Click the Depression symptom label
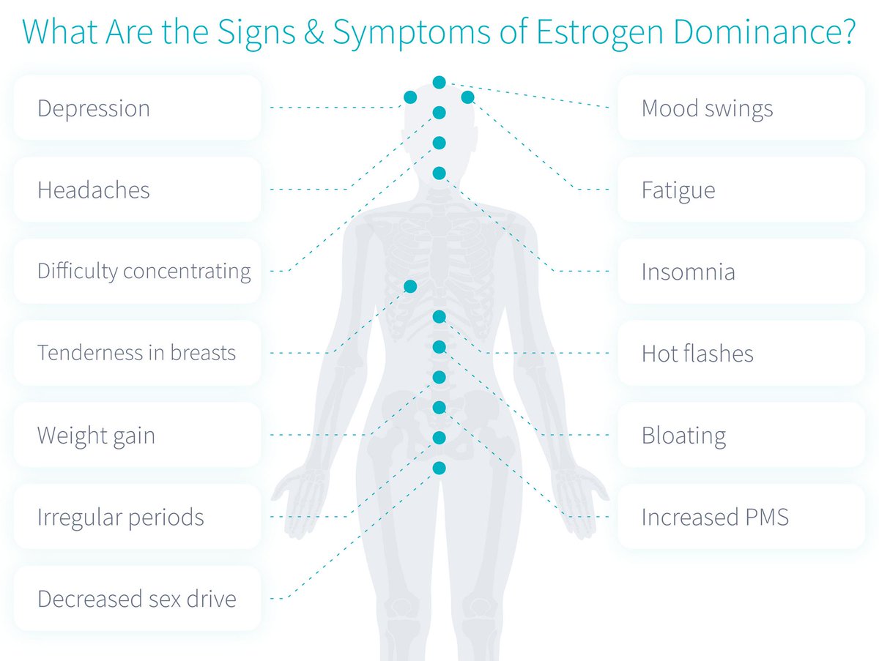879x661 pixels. pos(94,108)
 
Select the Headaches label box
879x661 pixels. pos(94,190)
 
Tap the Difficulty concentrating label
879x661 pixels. pos(144,272)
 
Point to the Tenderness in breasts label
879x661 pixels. pos(136,353)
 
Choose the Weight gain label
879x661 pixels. pos(96,436)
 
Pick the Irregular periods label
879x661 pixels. pos(120,518)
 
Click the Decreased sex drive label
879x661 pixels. pos(136,599)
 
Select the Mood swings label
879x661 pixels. pos(707,108)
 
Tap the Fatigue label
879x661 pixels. pos(678,190)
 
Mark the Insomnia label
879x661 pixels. pos(688,272)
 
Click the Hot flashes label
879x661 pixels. pos(697,354)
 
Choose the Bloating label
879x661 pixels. pos(683,436)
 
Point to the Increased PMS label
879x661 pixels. pos(715,518)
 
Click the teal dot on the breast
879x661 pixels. pos(410,286)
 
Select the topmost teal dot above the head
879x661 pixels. pos(439,82)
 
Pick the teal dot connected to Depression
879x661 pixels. pos(410,97)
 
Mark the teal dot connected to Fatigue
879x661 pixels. pos(468,97)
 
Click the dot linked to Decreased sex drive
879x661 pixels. pos(439,468)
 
